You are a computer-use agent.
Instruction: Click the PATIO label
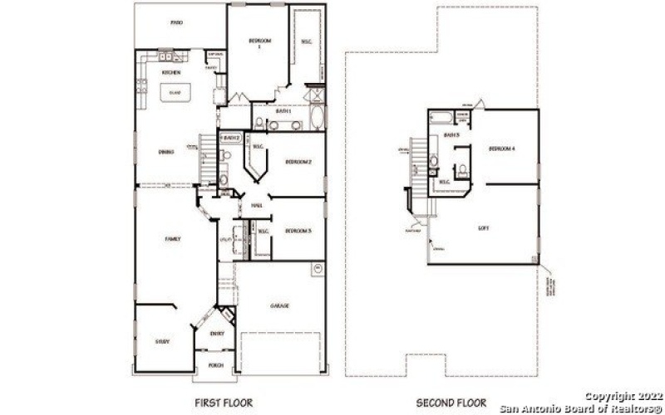point(176,23)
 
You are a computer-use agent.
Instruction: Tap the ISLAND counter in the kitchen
point(175,94)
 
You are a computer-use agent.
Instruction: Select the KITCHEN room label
point(172,72)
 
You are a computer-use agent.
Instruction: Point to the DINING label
point(165,152)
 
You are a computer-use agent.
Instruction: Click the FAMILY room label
point(172,239)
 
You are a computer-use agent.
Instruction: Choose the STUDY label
point(163,341)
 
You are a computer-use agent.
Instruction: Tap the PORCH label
point(215,364)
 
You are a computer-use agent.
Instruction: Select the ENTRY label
point(217,334)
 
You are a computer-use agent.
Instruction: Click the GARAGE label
point(279,305)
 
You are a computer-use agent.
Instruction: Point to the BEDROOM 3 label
point(298,231)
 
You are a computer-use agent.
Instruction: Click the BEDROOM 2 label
point(298,161)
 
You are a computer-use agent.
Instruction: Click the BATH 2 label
point(230,138)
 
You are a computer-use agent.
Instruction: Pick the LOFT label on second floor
point(484,227)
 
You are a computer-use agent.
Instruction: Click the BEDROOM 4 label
point(502,149)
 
